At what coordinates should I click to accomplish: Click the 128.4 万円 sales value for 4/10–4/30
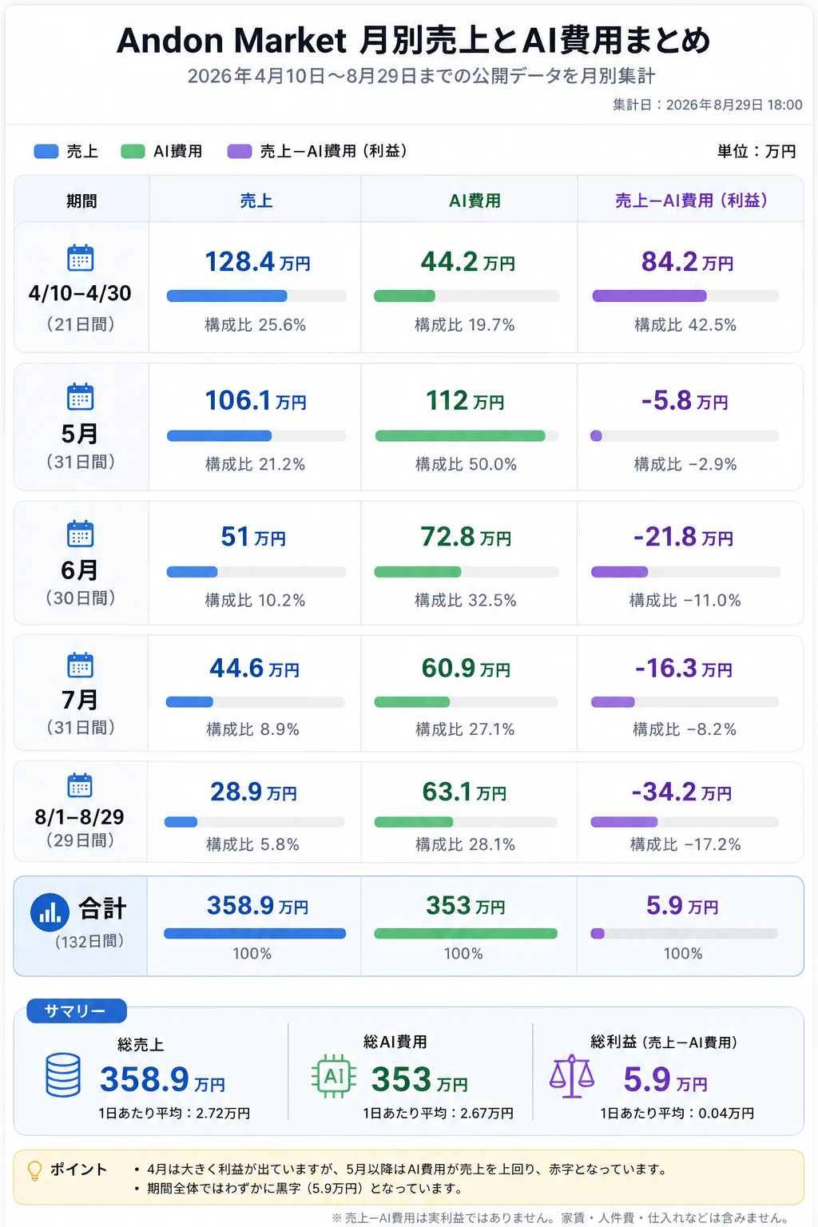point(257,262)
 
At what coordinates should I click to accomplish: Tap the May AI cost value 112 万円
point(465,401)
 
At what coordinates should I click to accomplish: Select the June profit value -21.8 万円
point(683,537)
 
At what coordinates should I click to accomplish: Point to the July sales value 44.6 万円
point(254,669)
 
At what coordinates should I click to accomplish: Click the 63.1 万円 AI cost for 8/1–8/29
point(464,792)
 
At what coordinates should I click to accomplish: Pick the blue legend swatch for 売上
point(46,151)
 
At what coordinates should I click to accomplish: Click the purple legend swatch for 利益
point(240,151)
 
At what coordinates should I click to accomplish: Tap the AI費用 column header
point(475,201)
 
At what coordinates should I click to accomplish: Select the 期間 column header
point(81,201)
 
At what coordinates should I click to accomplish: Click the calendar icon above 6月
point(81,534)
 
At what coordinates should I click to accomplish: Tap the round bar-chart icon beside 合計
point(50,912)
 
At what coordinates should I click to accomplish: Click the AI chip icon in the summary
point(334,1076)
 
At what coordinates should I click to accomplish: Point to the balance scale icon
point(572,1076)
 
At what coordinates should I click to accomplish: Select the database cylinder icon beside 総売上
point(63,1075)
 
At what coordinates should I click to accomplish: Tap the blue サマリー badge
point(77,1011)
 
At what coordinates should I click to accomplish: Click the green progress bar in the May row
point(460,436)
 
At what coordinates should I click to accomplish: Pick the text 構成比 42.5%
point(685,325)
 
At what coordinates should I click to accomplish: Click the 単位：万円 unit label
point(756,151)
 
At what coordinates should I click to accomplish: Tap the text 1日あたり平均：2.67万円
point(438,1113)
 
